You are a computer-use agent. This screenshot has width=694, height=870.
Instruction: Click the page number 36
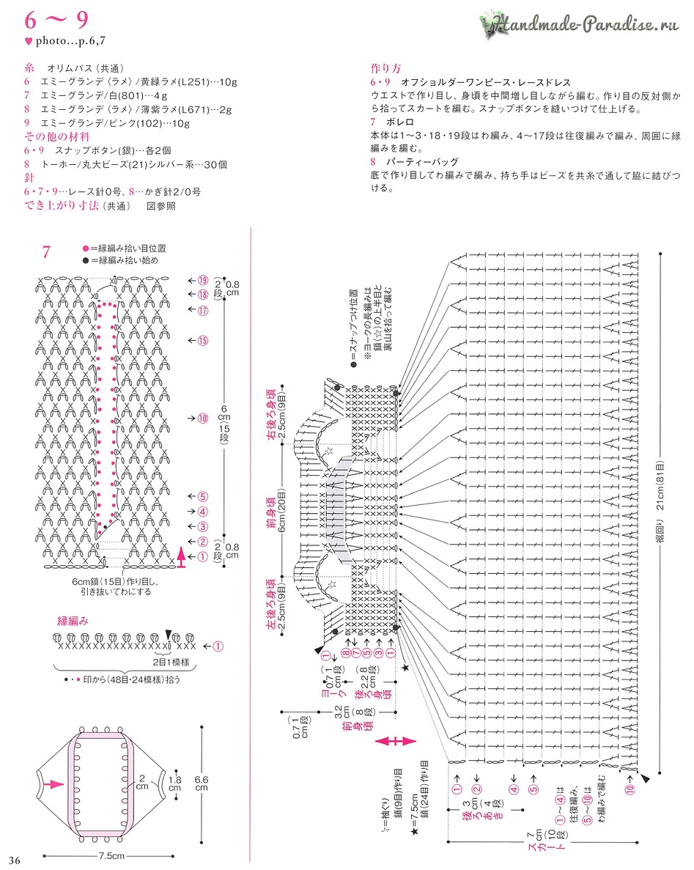pos(15,859)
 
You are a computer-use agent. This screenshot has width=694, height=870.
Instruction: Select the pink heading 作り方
pos(386,70)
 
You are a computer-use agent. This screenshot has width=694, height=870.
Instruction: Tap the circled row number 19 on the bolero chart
pos(203,280)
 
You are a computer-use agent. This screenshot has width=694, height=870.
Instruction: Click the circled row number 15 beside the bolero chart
pos(203,340)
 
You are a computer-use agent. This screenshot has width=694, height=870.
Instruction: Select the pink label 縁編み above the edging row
pos(73,621)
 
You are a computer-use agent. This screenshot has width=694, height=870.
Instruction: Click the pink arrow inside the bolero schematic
pos(54,784)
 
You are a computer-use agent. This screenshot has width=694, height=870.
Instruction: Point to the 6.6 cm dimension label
pos(200,784)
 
